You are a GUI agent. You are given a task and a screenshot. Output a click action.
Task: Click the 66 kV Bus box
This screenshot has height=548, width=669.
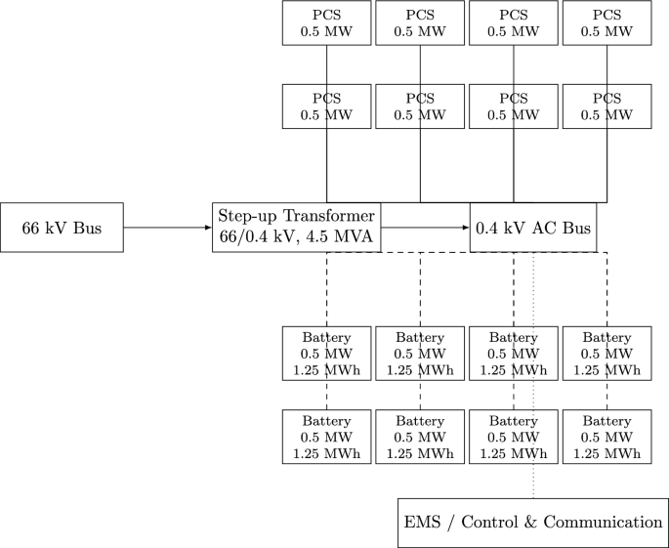tap(62, 228)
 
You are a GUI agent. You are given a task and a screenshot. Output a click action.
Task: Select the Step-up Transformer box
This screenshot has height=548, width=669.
tap(297, 228)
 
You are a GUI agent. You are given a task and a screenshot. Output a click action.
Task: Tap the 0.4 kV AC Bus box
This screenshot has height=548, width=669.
tap(532, 228)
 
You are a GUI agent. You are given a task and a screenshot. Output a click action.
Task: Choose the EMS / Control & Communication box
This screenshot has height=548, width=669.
tap(532, 523)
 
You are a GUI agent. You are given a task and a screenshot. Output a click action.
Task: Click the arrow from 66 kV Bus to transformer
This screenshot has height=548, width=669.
tap(167, 228)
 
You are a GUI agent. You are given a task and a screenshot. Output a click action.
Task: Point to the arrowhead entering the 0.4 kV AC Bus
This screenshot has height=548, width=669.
tap(465, 228)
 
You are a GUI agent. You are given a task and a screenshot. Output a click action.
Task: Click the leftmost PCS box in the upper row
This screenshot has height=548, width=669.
tap(326, 22)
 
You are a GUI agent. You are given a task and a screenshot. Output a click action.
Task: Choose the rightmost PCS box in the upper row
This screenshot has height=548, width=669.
tap(607, 22)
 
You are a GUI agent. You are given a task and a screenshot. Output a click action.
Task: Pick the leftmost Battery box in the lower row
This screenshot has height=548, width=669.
tap(326, 437)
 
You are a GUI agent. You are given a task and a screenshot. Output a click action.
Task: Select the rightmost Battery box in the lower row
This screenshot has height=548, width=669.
tap(607, 437)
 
